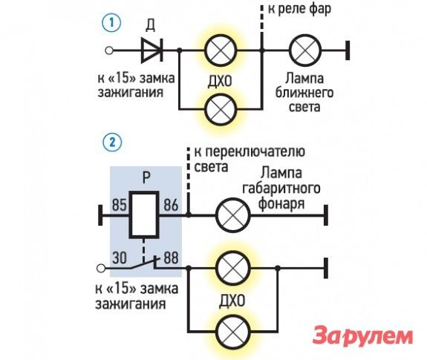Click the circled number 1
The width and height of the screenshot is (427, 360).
(x=111, y=22)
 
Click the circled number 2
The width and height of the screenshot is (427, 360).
(x=112, y=143)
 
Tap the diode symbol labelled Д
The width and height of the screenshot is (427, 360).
(x=151, y=50)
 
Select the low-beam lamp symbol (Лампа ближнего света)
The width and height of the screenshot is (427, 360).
(x=305, y=50)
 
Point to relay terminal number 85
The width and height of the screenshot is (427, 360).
(x=120, y=205)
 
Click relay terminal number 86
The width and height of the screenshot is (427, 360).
(x=171, y=205)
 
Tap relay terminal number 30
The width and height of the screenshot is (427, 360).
(x=120, y=258)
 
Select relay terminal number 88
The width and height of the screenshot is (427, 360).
(x=171, y=258)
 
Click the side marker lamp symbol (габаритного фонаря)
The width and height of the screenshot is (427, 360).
(x=233, y=215)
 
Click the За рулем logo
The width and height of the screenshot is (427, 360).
(x=362, y=336)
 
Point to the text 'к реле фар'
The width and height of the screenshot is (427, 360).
(x=299, y=9)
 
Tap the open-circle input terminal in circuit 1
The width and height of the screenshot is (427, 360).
(x=109, y=50)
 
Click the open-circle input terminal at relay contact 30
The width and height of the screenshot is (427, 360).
(x=101, y=268)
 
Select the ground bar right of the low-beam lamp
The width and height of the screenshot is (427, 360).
(x=348, y=50)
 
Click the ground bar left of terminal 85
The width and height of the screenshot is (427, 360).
(x=100, y=215)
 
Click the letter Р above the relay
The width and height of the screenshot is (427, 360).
(x=146, y=177)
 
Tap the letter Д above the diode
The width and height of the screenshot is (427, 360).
(x=150, y=25)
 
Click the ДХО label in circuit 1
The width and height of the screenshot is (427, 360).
(x=220, y=81)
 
